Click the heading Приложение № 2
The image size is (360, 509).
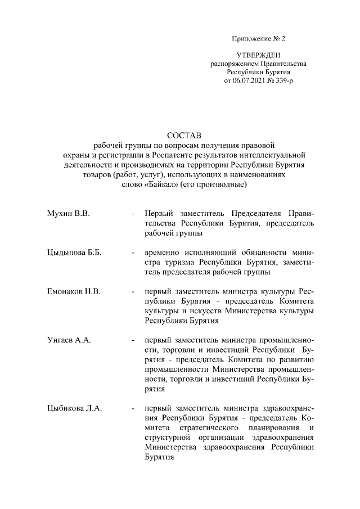[x=259, y=39]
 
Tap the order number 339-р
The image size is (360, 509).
[x=283, y=81]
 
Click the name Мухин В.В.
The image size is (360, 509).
[x=69, y=214]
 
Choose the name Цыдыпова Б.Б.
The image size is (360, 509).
[x=74, y=253]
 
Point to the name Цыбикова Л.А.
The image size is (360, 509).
[x=75, y=408]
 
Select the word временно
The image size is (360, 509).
[x=164, y=253]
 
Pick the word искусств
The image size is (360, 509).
[x=206, y=311]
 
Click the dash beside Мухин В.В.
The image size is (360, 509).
[x=133, y=214]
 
